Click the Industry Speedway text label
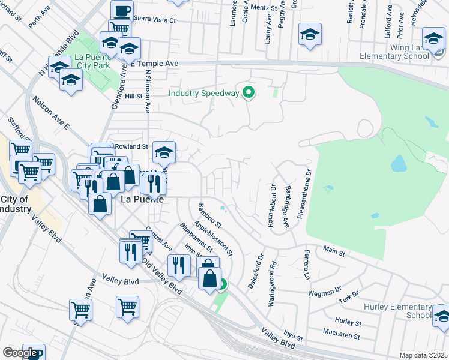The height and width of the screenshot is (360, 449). point(204,93)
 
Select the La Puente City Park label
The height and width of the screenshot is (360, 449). point(92,61)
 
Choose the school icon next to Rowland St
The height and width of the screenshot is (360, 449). point(164,152)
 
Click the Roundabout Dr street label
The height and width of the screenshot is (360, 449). point(271,205)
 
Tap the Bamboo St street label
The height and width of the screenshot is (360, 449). point(210,216)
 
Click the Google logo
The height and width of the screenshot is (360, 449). point(20,353)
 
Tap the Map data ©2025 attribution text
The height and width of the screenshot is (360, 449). point(424,355)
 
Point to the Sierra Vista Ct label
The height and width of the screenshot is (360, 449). point(154,20)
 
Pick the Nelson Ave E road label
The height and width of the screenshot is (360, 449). point(52,113)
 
